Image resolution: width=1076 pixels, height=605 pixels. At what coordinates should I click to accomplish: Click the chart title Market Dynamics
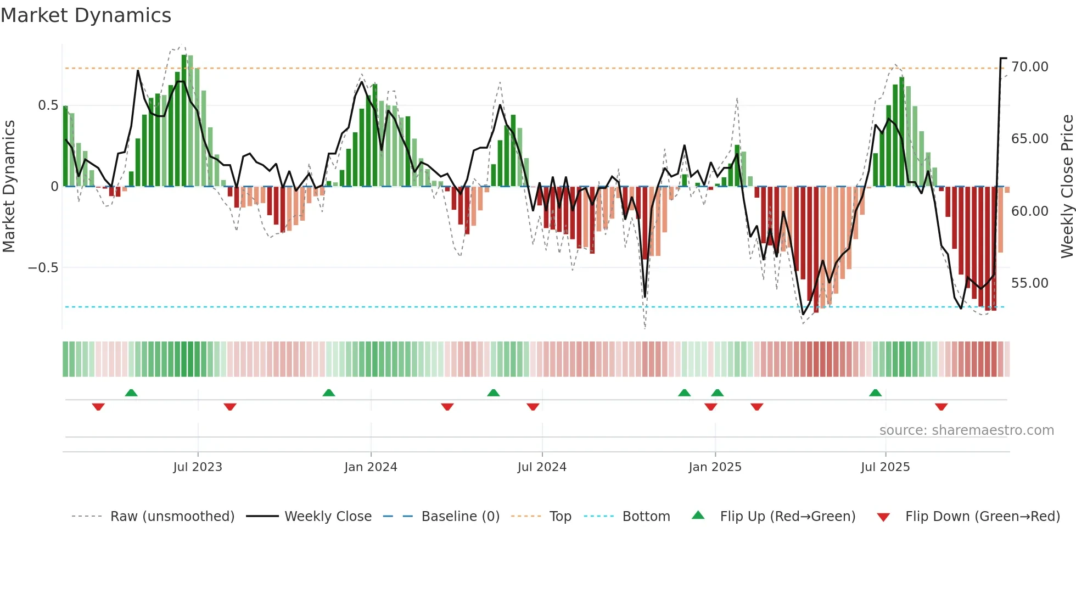(x=86, y=15)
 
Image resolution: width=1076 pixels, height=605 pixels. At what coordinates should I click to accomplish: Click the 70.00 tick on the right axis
(x=1029, y=67)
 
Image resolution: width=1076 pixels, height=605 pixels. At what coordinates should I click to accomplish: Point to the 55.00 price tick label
(x=1029, y=283)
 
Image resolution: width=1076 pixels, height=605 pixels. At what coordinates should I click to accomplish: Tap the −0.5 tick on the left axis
(x=43, y=268)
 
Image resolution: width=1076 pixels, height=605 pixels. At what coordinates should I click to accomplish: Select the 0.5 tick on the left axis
(x=48, y=105)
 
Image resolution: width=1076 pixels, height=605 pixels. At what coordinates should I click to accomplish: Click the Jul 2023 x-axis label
(x=198, y=467)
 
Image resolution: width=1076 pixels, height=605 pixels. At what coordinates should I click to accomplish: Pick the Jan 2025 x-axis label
(x=715, y=467)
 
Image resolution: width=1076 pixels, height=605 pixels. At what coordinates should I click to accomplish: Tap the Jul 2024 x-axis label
(x=542, y=467)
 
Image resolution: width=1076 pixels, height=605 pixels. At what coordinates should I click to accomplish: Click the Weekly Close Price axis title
(x=1067, y=187)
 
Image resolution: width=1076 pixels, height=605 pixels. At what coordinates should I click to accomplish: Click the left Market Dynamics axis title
(x=9, y=187)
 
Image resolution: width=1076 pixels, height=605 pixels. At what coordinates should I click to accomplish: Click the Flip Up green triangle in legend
(x=698, y=516)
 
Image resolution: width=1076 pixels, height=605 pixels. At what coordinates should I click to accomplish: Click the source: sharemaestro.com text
(x=966, y=430)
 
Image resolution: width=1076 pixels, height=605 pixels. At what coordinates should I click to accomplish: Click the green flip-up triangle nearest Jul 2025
(x=875, y=393)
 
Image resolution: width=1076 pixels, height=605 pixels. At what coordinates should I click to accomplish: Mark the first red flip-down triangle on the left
(x=98, y=407)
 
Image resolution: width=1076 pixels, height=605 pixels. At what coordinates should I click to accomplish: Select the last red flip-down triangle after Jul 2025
(x=941, y=407)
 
